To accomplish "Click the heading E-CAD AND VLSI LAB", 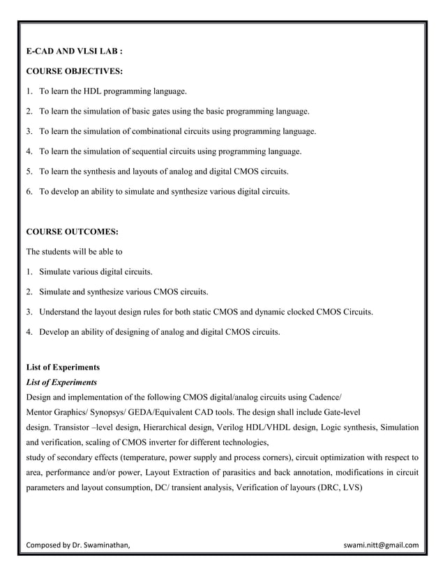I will pos(75,52).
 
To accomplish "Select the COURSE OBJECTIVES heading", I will pos(74,71).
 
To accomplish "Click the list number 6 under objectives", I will pos(29,190).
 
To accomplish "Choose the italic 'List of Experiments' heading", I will pos(61,382).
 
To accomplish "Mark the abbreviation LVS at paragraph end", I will pos(350,488).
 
